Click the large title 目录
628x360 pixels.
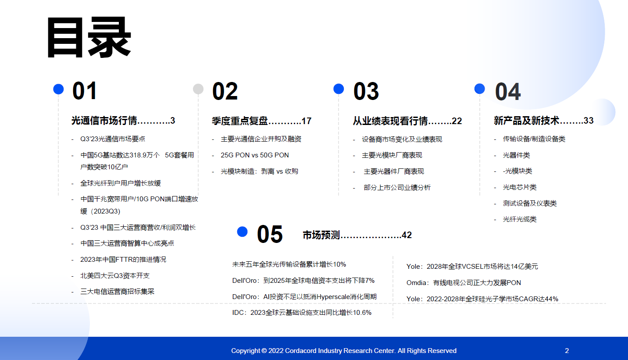tap(89, 37)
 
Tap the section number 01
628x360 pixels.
tap(85, 91)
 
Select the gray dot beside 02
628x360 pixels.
tap(198, 89)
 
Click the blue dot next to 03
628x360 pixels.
tap(339, 89)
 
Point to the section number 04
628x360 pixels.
tap(508, 92)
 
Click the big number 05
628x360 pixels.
tap(270, 234)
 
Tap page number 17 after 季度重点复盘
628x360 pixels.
tap(307, 121)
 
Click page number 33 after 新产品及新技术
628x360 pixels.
tap(589, 121)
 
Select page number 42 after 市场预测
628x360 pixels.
tap(407, 235)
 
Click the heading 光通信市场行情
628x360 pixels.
tap(104, 121)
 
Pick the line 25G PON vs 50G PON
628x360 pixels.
tap(254, 155)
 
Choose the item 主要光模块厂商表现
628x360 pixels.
tap(392, 155)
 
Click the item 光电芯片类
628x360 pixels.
tap(520, 187)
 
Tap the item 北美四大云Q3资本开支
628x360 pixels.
tap(115, 276)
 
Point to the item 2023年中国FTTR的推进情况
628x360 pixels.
tap(123, 259)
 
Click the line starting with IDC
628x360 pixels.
tap(302, 312)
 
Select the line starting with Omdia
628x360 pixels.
tap(464, 283)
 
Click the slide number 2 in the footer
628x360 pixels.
tap(567, 351)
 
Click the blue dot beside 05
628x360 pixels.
tap(242, 232)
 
